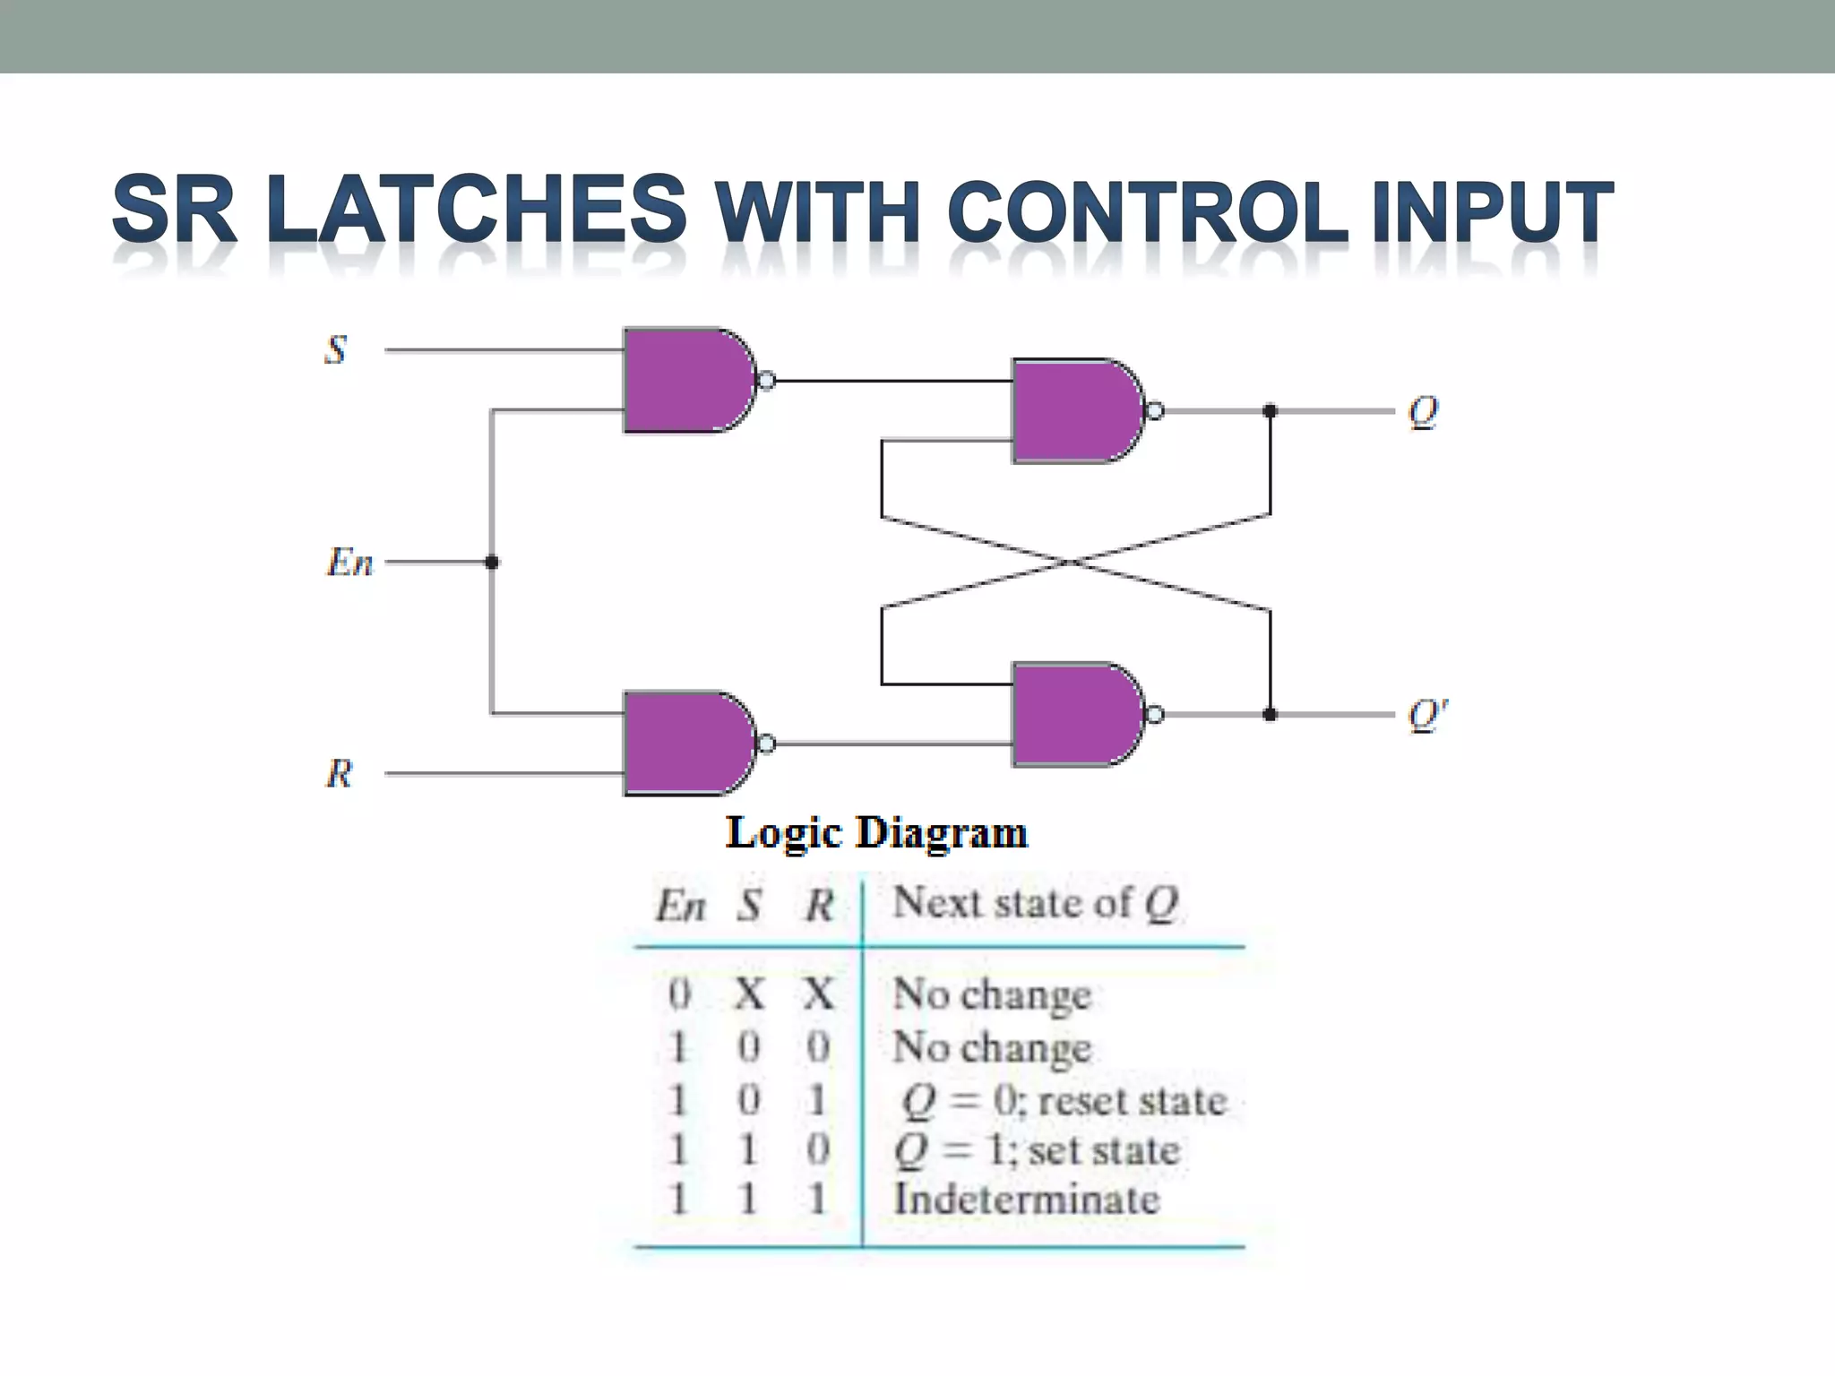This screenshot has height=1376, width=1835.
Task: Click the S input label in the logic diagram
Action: click(x=336, y=349)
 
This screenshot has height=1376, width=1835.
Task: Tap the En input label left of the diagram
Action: click(x=349, y=563)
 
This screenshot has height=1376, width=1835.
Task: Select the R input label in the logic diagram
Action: click(x=339, y=773)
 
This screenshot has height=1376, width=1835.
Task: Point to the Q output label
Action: click(x=1423, y=412)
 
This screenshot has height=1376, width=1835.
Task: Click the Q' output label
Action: click(x=1426, y=715)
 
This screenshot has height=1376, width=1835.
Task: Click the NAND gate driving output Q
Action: click(x=1075, y=411)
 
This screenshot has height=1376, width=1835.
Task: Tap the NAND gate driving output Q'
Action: click(x=1075, y=715)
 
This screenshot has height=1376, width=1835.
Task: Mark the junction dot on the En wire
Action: click(x=491, y=563)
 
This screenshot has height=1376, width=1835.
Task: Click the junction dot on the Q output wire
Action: click(x=1270, y=411)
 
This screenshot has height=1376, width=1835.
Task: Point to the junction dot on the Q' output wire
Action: click(x=1270, y=715)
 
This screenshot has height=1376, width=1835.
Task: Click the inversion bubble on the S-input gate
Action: click(x=766, y=382)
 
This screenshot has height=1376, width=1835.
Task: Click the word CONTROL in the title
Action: click(x=1147, y=211)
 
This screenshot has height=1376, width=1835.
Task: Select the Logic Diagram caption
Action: click(x=876, y=833)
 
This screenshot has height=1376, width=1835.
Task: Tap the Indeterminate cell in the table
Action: click(x=1026, y=1200)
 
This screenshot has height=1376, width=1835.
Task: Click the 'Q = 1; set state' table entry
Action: click(x=1037, y=1150)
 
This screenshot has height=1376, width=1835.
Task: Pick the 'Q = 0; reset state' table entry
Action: click(x=1064, y=1101)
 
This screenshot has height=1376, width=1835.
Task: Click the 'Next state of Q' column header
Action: click(x=1035, y=903)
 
